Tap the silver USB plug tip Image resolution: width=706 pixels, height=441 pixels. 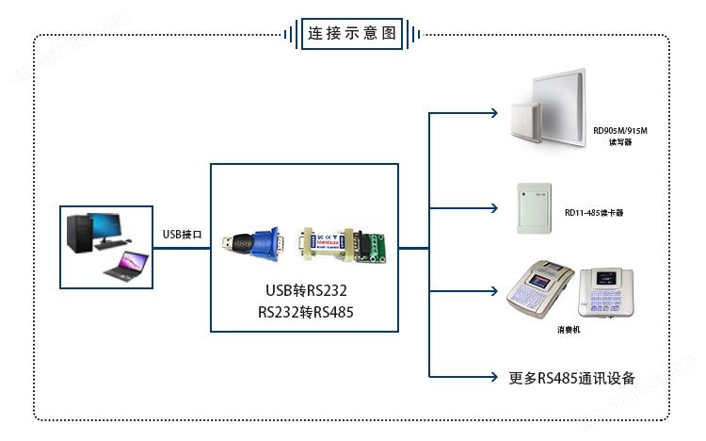pyautogui.click(x=228, y=243)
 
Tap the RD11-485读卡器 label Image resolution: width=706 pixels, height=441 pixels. pyautogui.click(x=594, y=213)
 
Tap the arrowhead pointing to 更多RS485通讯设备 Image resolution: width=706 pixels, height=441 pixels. pyautogui.click(x=494, y=378)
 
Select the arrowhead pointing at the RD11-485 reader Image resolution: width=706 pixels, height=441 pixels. pyautogui.click(x=494, y=206)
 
